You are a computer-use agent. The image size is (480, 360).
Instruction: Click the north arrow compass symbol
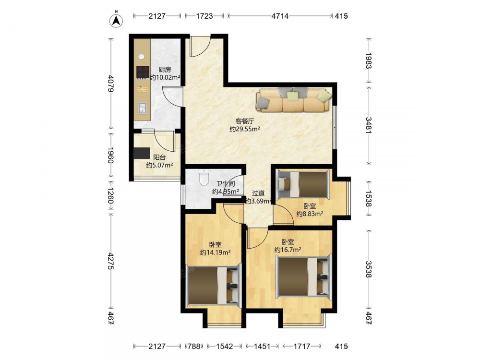coord(116,20)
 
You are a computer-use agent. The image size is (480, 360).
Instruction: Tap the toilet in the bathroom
coord(204,177)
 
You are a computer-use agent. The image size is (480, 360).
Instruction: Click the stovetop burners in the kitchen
coord(143,72)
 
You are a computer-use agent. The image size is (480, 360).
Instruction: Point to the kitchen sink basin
coord(143,108)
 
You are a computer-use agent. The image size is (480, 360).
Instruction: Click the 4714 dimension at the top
coord(280,16)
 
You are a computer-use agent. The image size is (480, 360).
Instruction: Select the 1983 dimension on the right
coord(369,61)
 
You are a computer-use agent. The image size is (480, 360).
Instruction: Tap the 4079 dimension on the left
coord(111,84)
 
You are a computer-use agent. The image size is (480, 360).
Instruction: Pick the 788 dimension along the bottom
coord(194,346)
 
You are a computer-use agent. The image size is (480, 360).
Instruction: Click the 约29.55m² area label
coord(245,129)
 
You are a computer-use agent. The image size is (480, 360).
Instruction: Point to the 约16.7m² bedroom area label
coord(288,250)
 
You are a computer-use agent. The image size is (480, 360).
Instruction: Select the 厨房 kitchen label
coord(165,70)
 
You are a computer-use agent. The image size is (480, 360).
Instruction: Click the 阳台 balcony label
coord(159,157)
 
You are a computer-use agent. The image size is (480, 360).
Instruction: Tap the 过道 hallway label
coord(258,193)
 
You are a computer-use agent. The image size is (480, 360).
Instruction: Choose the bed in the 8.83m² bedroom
coord(303,184)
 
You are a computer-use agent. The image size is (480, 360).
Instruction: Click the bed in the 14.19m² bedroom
coord(214,286)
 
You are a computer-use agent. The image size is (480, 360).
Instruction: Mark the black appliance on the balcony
coord(142,153)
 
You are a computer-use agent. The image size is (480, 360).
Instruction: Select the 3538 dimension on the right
coord(369,269)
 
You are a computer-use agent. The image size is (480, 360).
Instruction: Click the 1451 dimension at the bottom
coord(263,346)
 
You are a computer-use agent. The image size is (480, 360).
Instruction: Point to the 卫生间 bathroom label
coord(226,184)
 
